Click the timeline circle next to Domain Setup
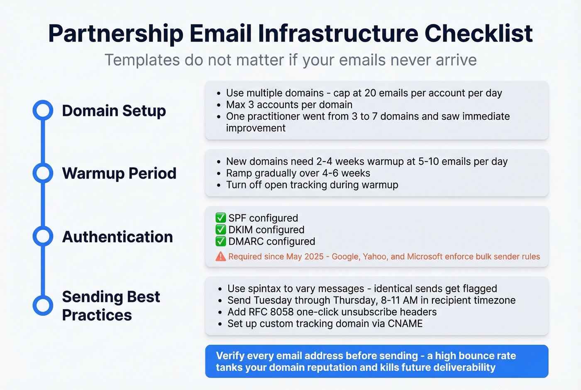point(43,110)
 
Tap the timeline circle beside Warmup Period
point(43,173)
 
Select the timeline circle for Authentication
point(43,236)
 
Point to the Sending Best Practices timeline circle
point(43,305)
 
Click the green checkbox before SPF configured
point(220,218)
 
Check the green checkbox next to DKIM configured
point(220,230)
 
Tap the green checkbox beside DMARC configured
point(220,241)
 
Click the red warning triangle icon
point(220,257)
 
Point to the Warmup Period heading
point(119,173)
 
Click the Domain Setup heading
point(114,111)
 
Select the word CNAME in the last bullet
point(405,324)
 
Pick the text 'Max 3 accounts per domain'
point(289,105)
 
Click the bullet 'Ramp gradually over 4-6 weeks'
point(298,173)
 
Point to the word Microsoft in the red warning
point(425,257)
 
